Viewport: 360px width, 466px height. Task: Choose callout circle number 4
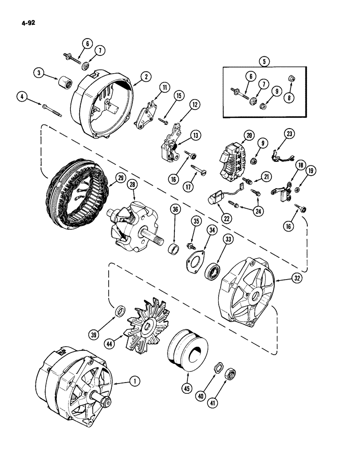(x=21, y=97)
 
